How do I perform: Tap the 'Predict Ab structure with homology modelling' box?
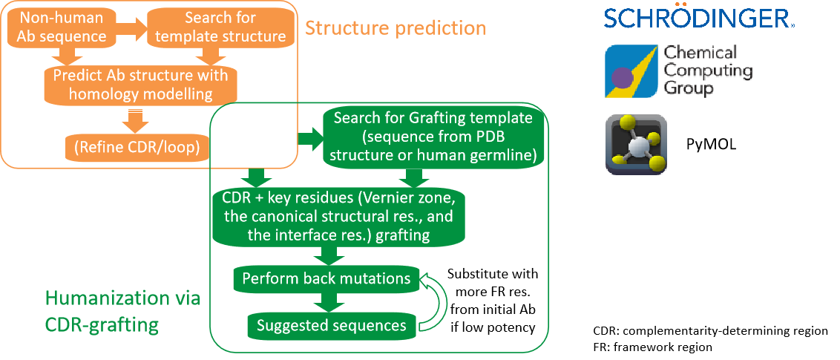pyautogui.click(x=140, y=85)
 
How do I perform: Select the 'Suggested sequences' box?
pyautogui.click(x=331, y=325)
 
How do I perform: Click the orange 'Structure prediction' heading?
pyautogui.click(x=396, y=29)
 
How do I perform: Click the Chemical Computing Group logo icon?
pyautogui.click(x=630, y=71)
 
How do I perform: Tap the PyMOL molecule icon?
pyautogui.click(x=637, y=145)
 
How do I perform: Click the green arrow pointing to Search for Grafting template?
pyautogui.click(x=306, y=138)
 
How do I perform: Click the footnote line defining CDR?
pyautogui.click(x=710, y=330)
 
